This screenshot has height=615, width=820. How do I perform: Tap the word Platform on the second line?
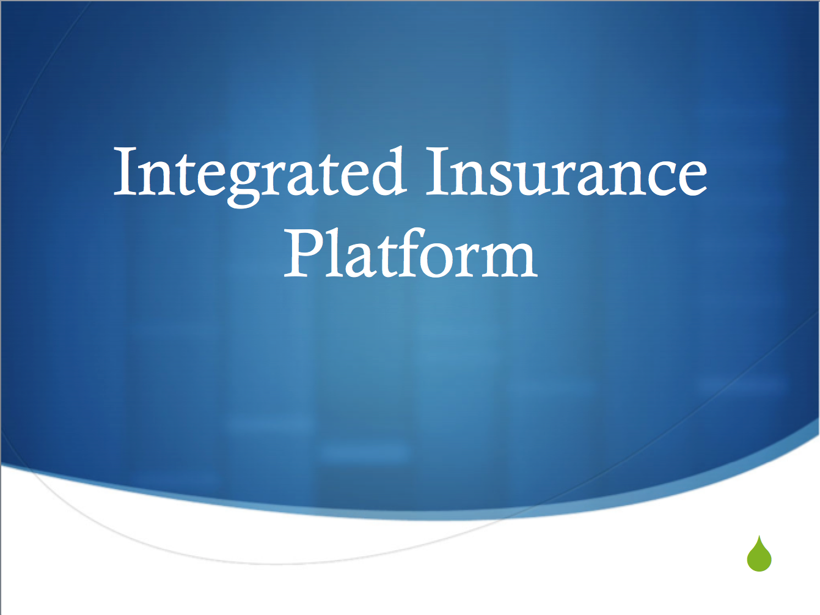tap(411, 255)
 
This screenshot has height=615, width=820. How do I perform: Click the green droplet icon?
tap(759, 556)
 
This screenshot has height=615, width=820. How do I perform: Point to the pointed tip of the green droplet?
tap(760, 537)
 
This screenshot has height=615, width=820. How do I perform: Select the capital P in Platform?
tap(303, 253)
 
